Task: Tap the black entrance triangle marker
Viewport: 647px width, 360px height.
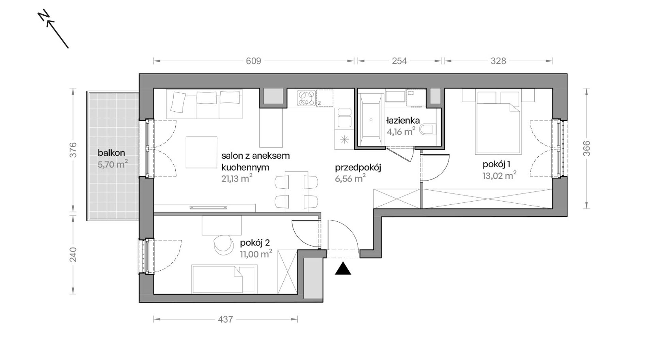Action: tap(343, 268)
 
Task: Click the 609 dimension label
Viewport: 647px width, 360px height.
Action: tap(253, 61)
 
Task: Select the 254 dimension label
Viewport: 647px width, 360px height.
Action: tap(399, 61)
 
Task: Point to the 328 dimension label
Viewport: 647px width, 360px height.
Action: tap(498, 61)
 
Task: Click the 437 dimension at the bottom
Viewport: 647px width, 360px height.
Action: tap(225, 319)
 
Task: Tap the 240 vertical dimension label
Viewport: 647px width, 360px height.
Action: tap(73, 255)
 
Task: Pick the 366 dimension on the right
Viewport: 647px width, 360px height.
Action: tap(586, 148)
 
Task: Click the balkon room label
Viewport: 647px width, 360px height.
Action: tap(111, 153)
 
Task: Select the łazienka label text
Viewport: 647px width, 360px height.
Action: tap(403, 120)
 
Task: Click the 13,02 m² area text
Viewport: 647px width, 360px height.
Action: tap(500, 175)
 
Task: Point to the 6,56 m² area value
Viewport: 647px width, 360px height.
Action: tap(350, 178)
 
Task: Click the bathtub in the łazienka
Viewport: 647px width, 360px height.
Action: tap(371, 120)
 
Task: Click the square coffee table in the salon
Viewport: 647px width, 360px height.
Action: tap(202, 152)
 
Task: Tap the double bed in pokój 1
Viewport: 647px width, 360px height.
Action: tap(498, 128)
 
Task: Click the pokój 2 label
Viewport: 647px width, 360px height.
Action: tap(255, 243)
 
